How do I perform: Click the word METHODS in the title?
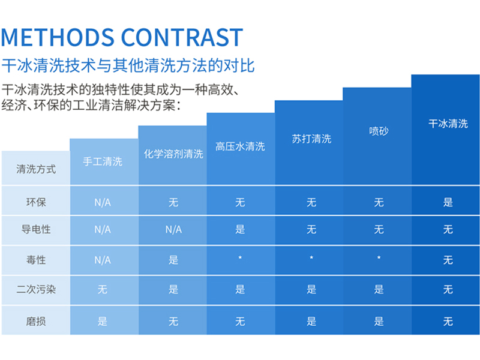[x=58, y=37]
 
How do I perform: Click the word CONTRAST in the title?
[x=182, y=37]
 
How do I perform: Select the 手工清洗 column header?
[x=103, y=161]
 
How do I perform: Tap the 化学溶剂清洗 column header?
[x=173, y=154]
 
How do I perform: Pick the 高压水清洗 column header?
[x=240, y=146]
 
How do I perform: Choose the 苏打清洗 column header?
[x=311, y=139]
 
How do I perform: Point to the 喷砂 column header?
[x=379, y=131]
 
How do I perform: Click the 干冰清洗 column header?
[x=448, y=124]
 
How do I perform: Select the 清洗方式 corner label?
[x=36, y=169]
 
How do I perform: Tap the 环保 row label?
[x=36, y=202]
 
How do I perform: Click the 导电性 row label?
[x=36, y=229]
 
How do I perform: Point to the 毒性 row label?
[x=36, y=260]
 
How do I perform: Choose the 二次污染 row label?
[x=36, y=290]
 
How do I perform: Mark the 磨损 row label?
[x=36, y=322]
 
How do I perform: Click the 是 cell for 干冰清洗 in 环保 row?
[x=448, y=202]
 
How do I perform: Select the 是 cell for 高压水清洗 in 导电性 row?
[x=240, y=229]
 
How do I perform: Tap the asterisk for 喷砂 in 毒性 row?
[x=379, y=259]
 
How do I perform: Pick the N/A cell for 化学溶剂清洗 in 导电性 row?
[x=173, y=229]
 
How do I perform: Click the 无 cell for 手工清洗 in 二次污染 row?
[x=103, y=290]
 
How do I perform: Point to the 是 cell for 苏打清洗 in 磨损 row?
[x=311, y=322]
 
